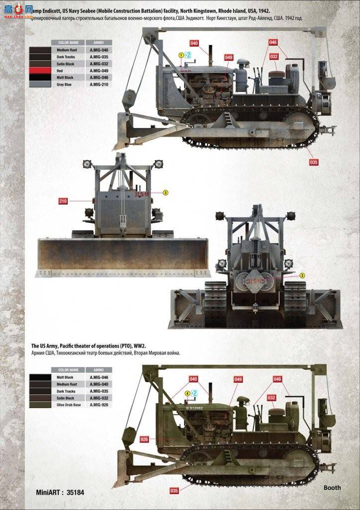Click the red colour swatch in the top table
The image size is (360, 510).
40,71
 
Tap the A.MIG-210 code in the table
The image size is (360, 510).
99,85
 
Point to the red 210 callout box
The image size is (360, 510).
63,201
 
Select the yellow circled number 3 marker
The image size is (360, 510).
166,192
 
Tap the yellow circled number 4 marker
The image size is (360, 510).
188,393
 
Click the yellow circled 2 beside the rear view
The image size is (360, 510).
302,275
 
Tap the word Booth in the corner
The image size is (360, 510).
332,488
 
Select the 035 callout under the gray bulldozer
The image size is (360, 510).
314,162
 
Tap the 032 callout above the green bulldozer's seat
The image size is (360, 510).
271,397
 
